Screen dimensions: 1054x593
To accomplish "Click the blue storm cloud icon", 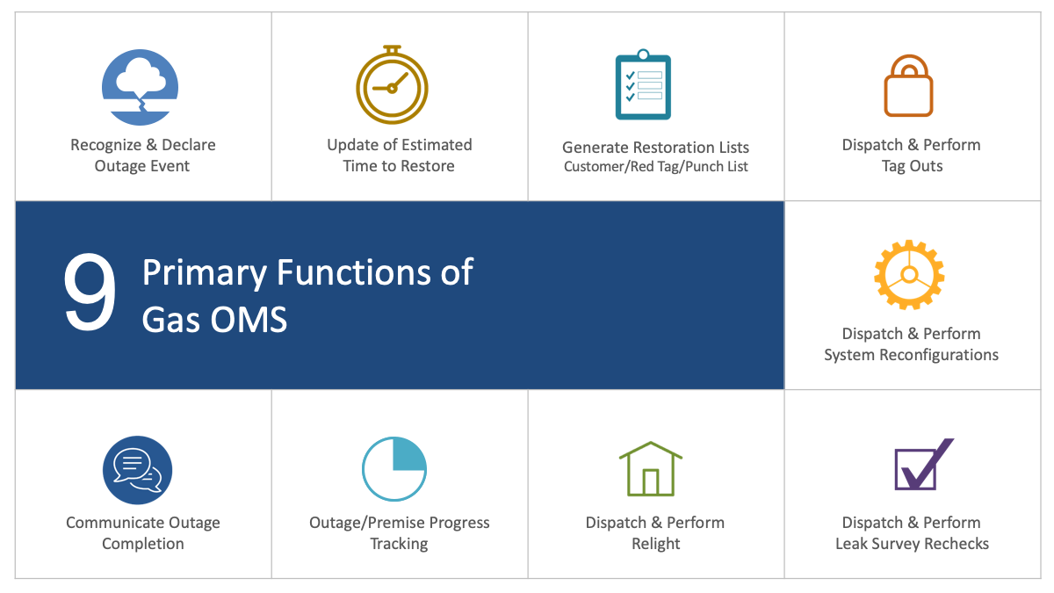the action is coord(140,87).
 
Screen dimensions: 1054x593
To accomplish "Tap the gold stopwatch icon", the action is coord(392,84).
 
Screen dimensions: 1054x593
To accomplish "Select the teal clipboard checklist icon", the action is coord(643,84).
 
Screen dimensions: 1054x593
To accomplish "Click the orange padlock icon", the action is coord(908,86).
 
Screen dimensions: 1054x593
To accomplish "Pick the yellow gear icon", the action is coord(909,275).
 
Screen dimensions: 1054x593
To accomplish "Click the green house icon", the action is coord(650,469).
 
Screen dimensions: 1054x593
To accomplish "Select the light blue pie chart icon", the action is coord(394,469).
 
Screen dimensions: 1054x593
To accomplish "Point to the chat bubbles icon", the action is coord(137,470).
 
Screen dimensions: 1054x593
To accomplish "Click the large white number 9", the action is coord(90,292).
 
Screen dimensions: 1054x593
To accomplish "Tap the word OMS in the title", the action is coord(249,320).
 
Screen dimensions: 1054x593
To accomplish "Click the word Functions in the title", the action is coord(353,272).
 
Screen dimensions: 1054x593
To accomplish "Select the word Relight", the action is coord(655,544).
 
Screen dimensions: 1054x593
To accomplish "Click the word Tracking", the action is coord(399,544).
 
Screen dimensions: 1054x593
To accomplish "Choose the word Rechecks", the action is coord(957,544).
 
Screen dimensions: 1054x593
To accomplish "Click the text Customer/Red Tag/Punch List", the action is coord(655,167).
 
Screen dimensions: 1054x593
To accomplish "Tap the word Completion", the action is coord(142,544).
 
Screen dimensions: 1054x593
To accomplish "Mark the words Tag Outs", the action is coord(912,166).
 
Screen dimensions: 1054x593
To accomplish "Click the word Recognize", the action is coord(106,145).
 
